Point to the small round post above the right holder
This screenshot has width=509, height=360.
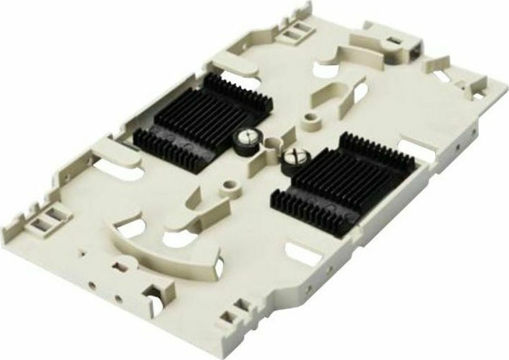tap(309, 117)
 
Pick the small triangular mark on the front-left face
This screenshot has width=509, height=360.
tap(84, 251)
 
